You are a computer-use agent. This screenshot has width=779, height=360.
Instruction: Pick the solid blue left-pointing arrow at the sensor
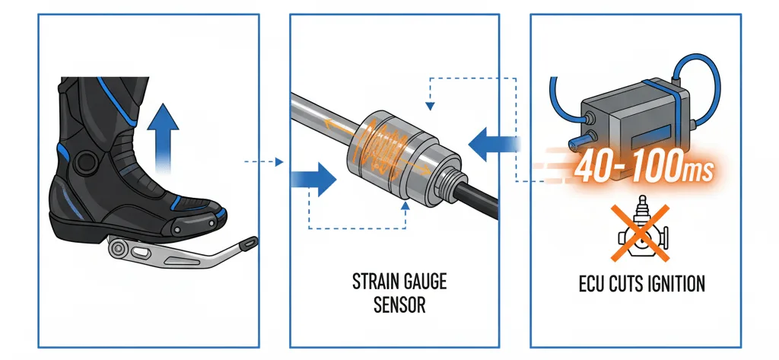[x=491, y=142]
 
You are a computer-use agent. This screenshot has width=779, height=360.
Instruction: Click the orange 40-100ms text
[x=643, y=167]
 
